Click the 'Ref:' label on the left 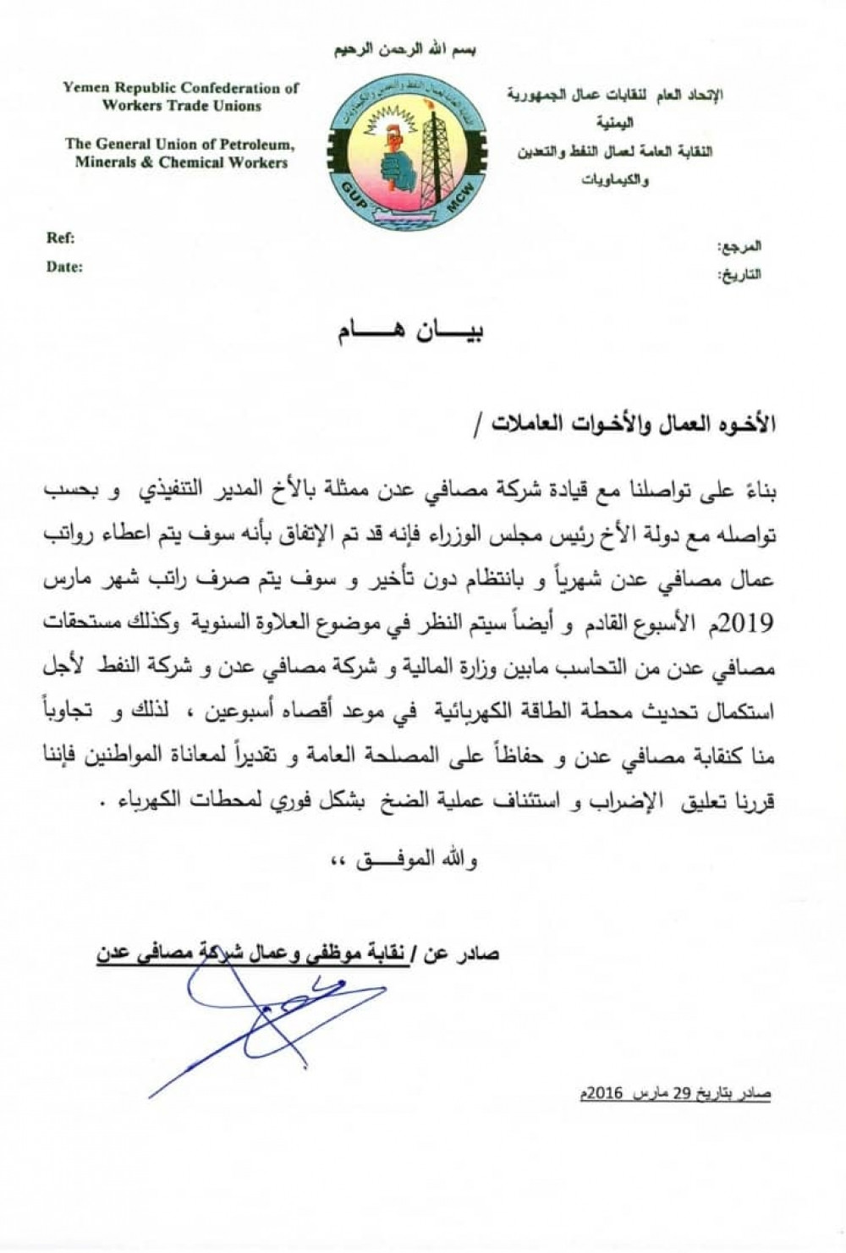point(60,238)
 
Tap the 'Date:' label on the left point(64,267)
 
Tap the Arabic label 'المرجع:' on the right point(739,246)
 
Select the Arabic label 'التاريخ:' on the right point(739,275)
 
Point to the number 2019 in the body point(745,624)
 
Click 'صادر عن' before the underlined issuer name point(469,953)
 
